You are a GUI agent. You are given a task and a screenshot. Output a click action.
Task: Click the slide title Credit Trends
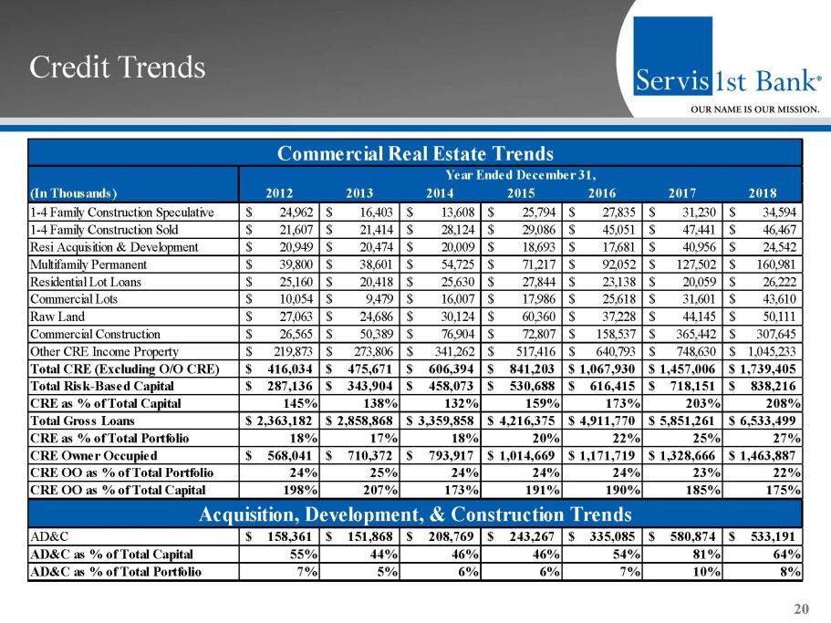[117, 67]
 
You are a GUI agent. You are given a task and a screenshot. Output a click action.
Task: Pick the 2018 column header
[762, 192]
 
